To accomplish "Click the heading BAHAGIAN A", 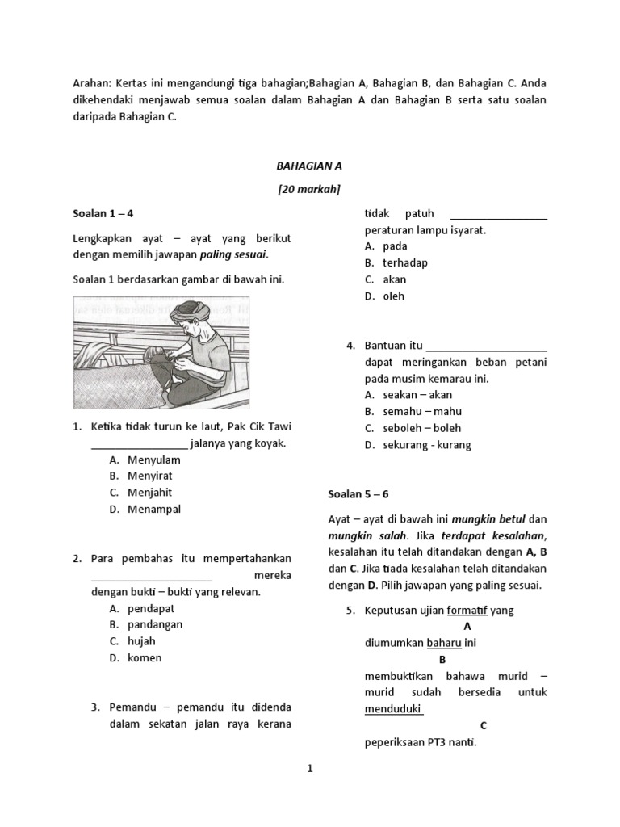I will [309, 166].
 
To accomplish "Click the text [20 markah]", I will [309, 190].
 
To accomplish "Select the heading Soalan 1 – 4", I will [103, 214].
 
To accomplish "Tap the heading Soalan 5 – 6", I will [358, 493].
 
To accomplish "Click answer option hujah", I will [141, 641].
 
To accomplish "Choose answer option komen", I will [145, 657].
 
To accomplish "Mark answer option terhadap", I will [405, 262].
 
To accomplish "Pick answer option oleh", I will [393, 296].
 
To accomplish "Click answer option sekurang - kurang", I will [426, 444].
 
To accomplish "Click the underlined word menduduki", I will [393, 709].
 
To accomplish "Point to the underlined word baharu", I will [444, 643].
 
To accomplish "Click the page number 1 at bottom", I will [309, 770].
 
